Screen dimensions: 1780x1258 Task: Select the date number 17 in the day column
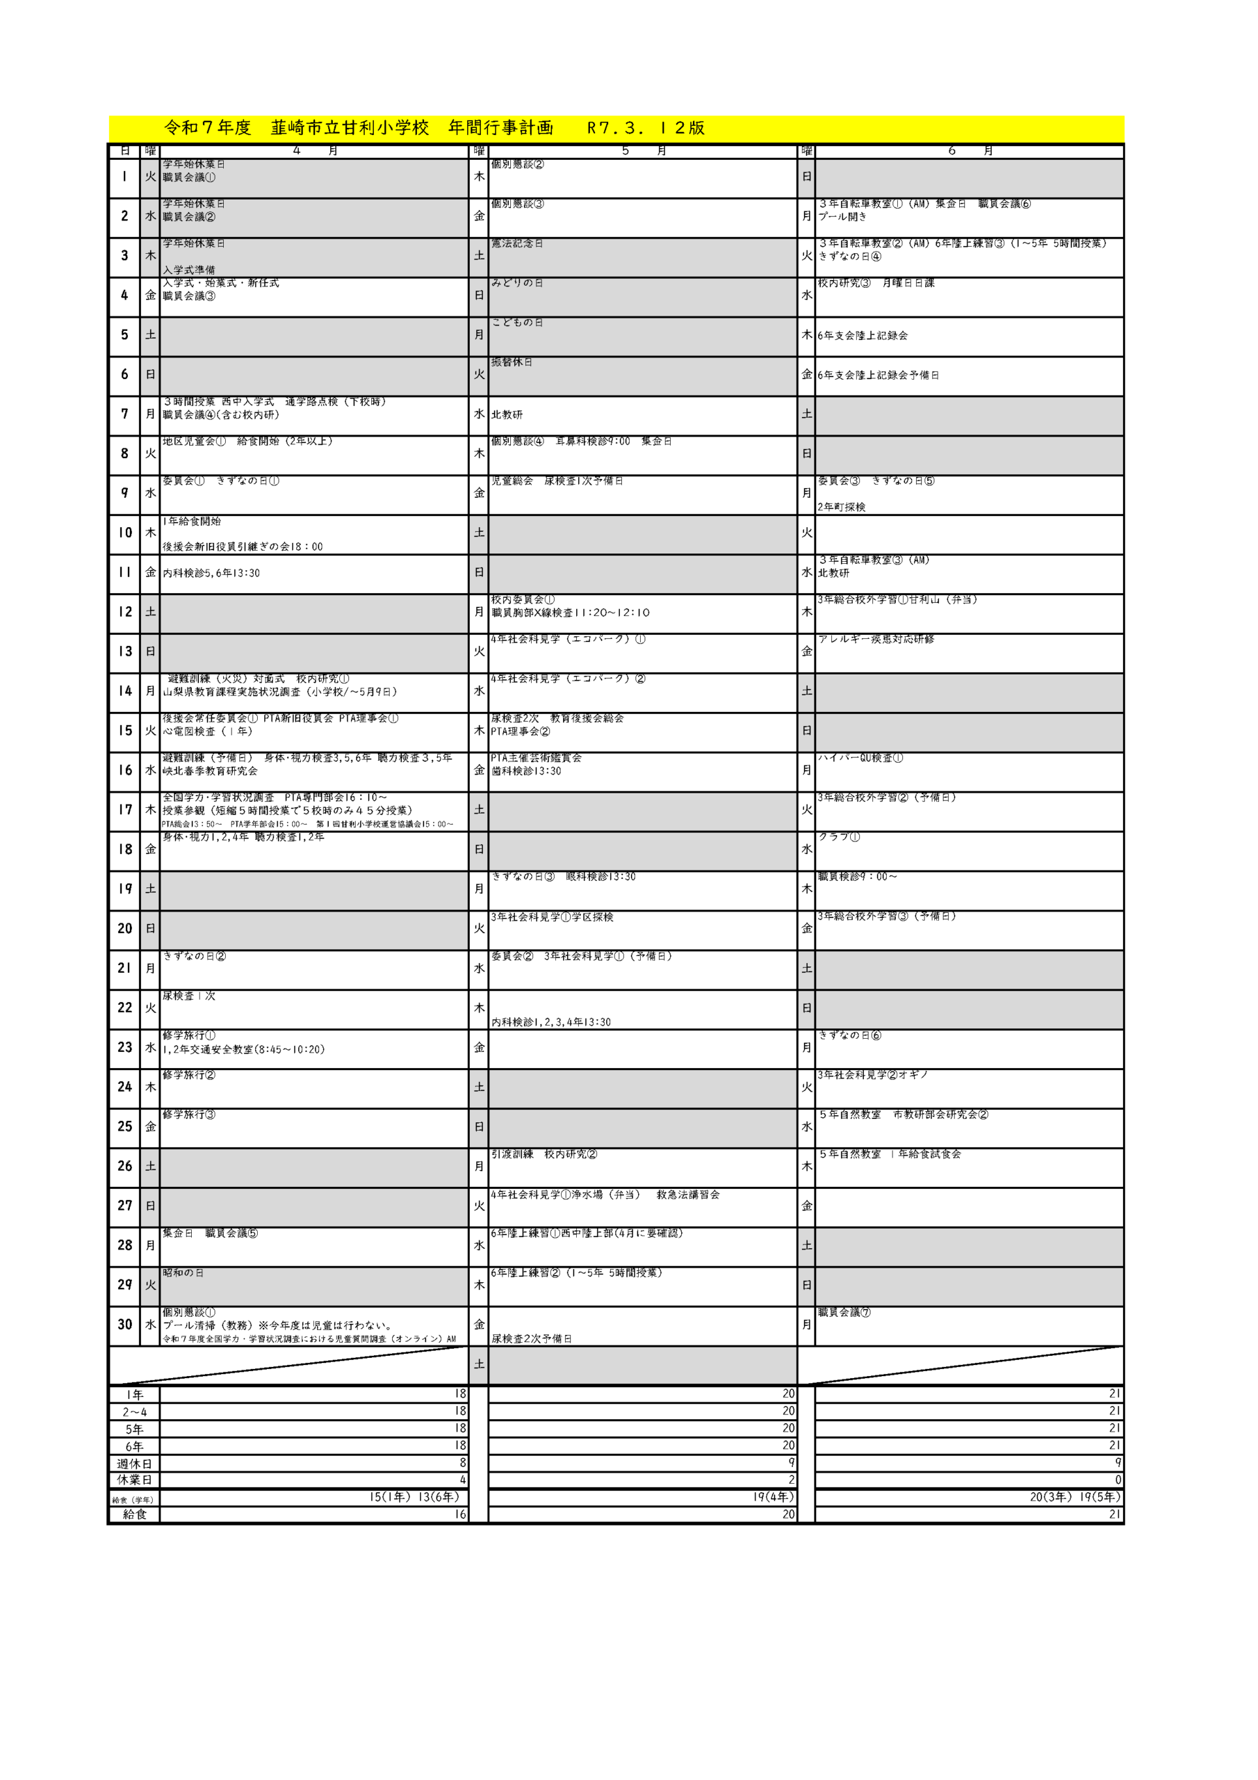pos(125,809)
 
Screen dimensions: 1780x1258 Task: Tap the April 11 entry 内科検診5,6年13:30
pos(211,573)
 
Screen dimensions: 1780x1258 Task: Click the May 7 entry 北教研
pos(507,415)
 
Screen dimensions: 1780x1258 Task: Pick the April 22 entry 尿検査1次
pos(188,996)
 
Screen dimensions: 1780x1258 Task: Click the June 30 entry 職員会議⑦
pos(844,1313)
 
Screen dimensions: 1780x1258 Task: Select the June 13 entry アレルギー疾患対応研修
pos(876,639)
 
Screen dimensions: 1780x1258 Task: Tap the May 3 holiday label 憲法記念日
pos(516,243)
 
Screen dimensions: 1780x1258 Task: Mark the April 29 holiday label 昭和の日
pos(183,1273)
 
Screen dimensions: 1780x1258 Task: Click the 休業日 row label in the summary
pos(134,1480)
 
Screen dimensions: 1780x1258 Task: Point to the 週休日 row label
pos(134,1464)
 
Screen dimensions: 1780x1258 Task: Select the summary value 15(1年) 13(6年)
pos(414,1497)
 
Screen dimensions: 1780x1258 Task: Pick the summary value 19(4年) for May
pos(773,1497)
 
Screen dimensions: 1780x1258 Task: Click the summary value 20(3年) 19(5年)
pos(1075,1497)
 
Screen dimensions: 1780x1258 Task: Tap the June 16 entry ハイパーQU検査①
pos(860,757)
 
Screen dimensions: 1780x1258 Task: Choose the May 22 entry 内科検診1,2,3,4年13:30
pos(550,1022)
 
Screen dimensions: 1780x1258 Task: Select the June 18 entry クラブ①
pos(839,837)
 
